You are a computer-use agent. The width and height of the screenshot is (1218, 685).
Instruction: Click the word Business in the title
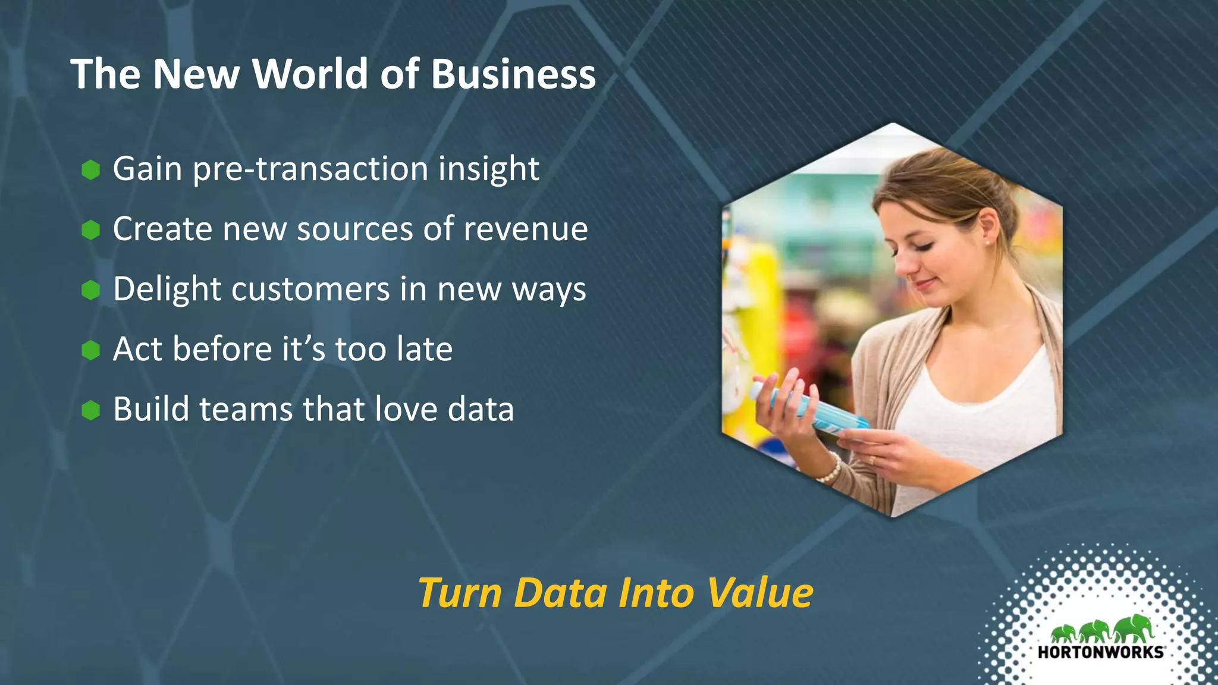(x=513, y=74)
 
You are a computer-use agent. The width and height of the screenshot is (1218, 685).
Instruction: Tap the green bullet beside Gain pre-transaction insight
(x=90, y=169)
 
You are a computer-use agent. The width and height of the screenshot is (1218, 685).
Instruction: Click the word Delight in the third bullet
(x=167, y=290)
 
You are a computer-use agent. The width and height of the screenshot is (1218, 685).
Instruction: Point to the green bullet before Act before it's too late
(x=90, y=350)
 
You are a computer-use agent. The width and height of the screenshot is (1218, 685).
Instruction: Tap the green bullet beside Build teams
(x=90, y=410)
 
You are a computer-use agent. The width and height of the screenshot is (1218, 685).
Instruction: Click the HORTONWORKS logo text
(x=1100, y=652)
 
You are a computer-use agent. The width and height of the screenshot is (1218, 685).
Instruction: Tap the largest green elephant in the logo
(x=1134, y=628)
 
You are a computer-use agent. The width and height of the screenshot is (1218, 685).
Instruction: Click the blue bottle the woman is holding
(x=809, y=407)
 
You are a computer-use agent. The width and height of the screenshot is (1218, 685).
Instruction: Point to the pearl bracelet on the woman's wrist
(x=830, y=469)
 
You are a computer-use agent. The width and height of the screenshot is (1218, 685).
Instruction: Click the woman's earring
(x=987, y=243)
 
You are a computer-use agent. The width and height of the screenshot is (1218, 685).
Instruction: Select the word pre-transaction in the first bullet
(x=310, y=169)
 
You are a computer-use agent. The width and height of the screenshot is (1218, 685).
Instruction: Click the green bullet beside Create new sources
(x=90, y=230)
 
